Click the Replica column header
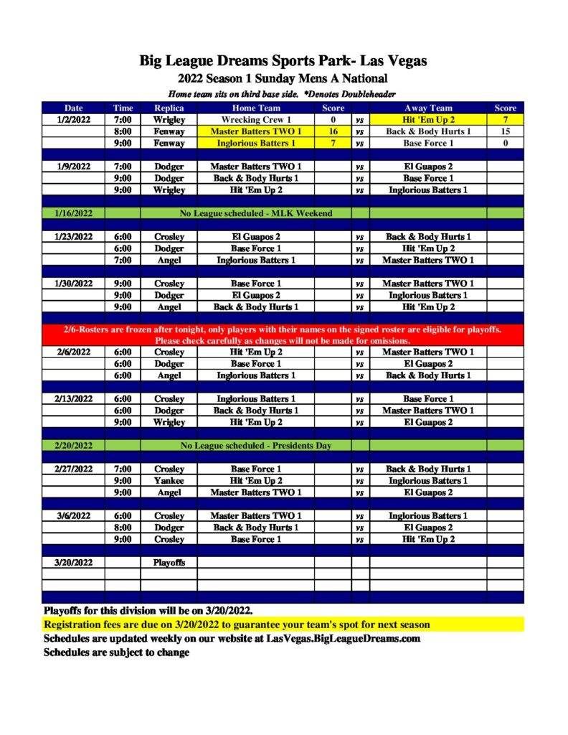point(169,108)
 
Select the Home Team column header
point(255,108)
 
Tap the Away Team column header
point(428,108)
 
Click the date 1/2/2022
point(73,120)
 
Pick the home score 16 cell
point(333,131)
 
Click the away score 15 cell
point(505,131)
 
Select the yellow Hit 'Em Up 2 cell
point(428,120)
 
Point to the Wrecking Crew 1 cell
point(255,120)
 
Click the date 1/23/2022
point(73,236)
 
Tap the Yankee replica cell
point(169,480)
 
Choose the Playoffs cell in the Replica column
point(169,562)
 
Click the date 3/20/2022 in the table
point(73,562)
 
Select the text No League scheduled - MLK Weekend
point(255,213)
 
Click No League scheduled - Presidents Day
point(255,446)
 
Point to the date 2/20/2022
point(73,446)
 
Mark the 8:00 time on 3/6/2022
point(123,527)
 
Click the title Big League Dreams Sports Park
point(283,61)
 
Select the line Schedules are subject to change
point(117,652)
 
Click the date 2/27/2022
point(73,469)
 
